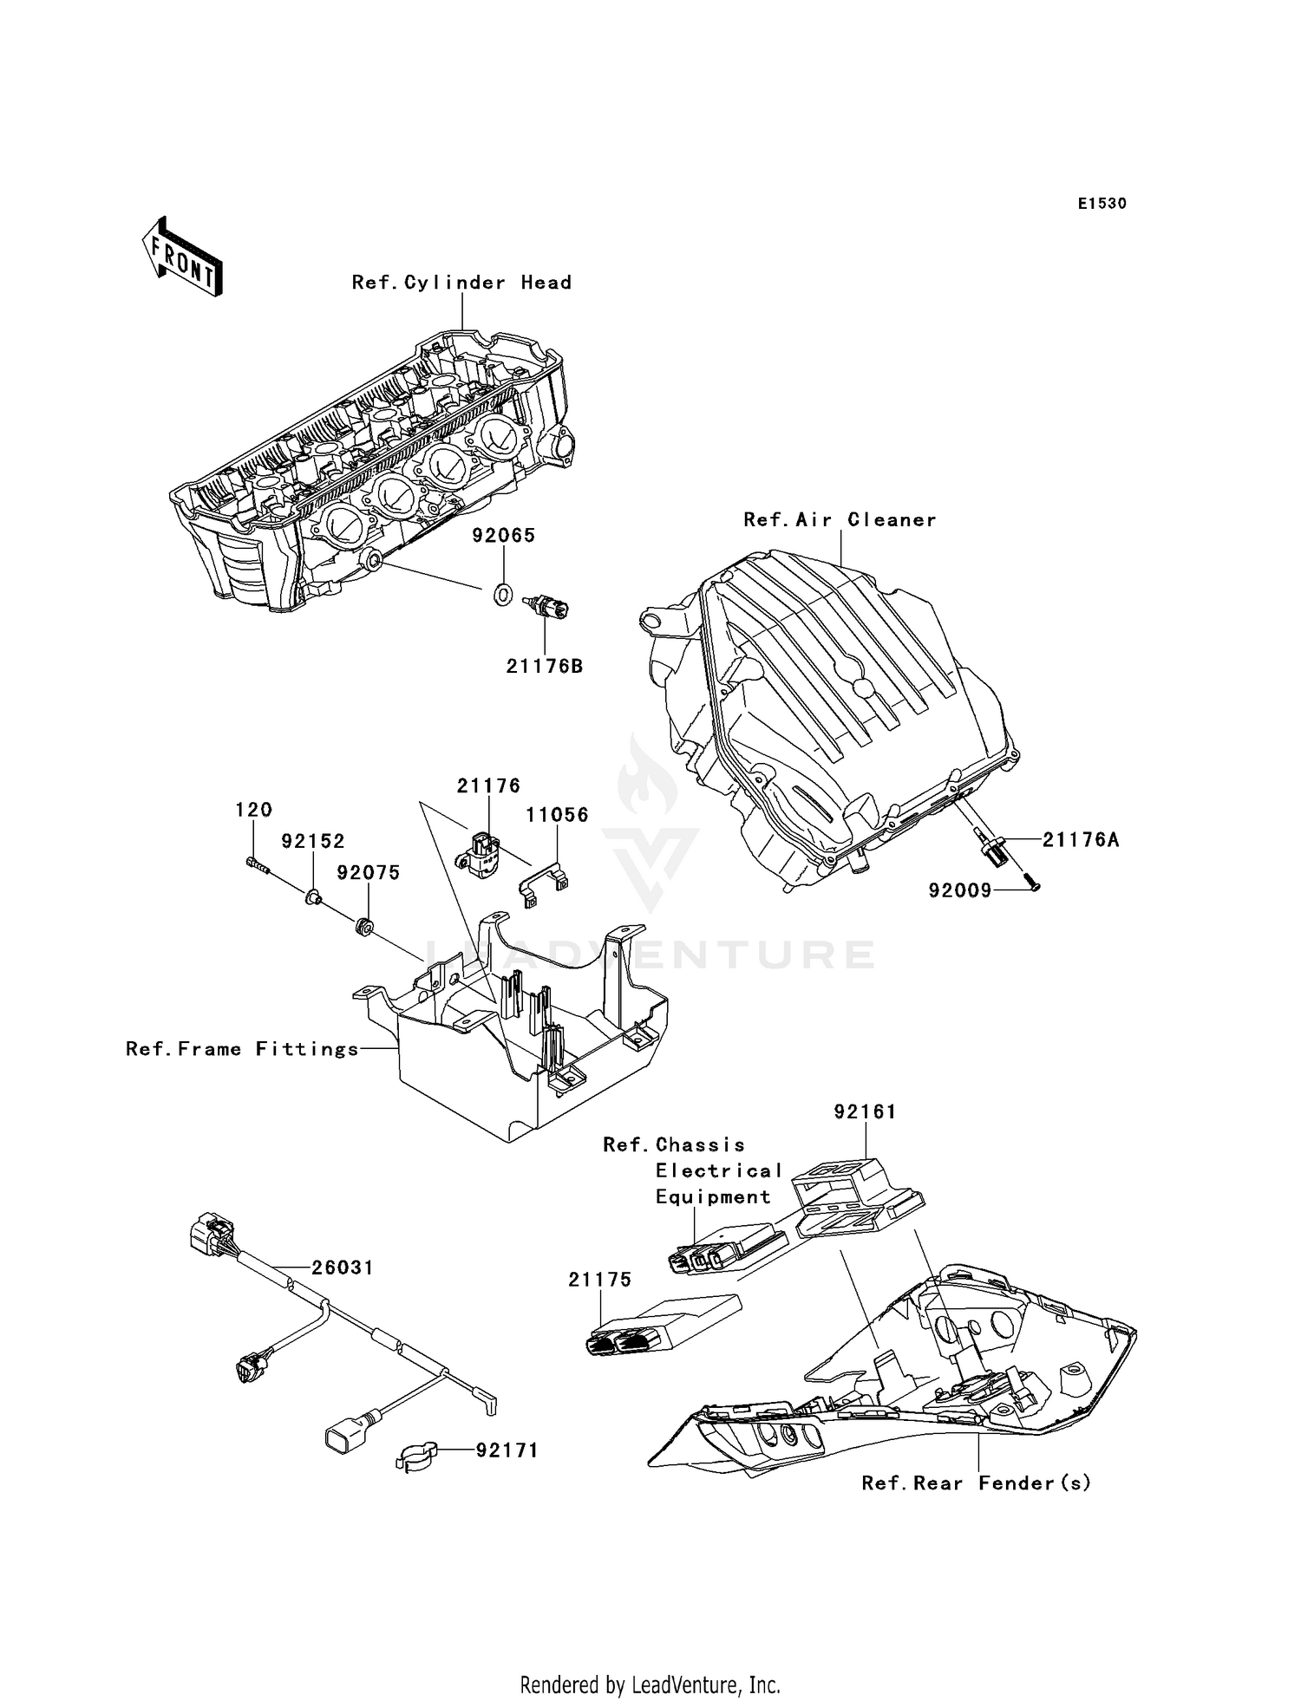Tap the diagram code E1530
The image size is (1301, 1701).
tap(1102, 204)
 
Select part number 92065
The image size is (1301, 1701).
tap(503, 536)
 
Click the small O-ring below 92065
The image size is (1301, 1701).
tap(503, 595)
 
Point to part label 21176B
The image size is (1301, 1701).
tap(545, 667)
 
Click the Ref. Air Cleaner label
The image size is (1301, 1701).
tap(840, 520)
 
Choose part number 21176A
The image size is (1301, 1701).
tap(1080, 839)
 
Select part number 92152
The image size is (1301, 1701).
tap(312, 841)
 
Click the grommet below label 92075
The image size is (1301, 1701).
tap(364, 926)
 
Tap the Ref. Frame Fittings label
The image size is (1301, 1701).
tap(242, 1049)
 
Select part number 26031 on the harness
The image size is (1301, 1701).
tap(343, 1268)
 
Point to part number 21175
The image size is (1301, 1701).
tap(599, 1280)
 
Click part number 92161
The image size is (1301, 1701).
tap(864, 1111)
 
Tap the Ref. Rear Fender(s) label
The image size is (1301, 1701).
tap(976, 1483)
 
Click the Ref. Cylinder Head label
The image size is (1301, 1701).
tap(461, 283)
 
